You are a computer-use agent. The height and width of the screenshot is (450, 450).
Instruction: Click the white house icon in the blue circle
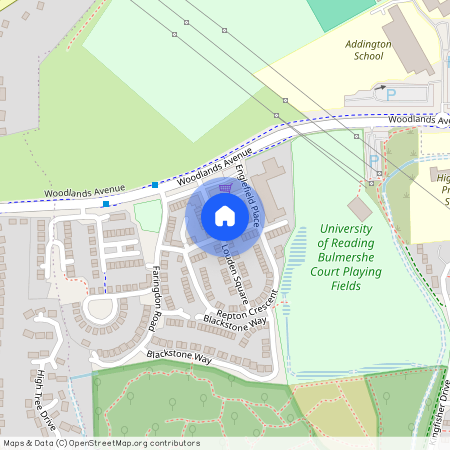pos(225,215)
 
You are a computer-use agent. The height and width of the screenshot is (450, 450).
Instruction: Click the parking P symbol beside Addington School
pos(392,94)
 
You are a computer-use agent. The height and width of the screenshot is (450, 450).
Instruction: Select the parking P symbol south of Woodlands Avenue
pos(374,159)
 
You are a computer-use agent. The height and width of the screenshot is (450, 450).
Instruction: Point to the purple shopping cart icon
pos(224,186)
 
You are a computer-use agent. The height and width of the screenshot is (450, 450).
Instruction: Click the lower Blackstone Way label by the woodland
pos(179,357)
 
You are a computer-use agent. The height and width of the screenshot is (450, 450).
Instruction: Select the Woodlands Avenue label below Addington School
pos(418,119)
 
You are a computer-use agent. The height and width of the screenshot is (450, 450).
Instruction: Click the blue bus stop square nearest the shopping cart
pos(155,184)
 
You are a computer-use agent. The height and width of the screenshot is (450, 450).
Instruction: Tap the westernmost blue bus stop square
pos(106,204)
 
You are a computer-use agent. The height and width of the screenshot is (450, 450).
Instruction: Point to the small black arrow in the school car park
pos(380,89)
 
